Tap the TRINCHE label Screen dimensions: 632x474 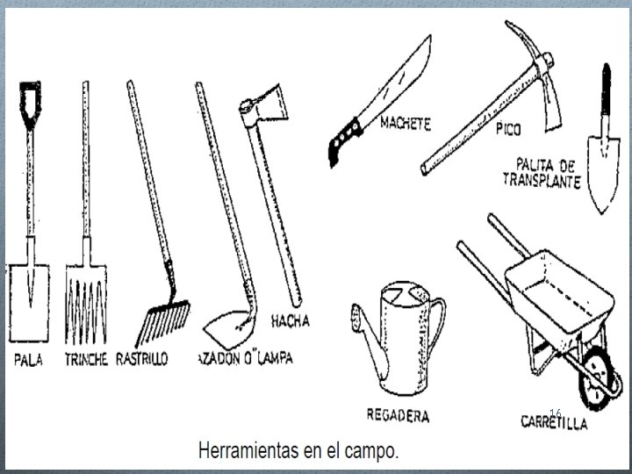pyautogui.click(x=86, y=359)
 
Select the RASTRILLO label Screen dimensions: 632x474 pyautogui.click(x=143, y=359)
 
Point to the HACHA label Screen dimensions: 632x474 pyautogui.click(x=291, y=321)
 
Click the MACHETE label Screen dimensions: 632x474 pyautogui.click(x=405, y=125)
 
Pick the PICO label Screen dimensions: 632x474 pyautogui.click(x=506, y=130)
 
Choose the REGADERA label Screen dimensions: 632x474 pyautogui.click(x=398, y=415)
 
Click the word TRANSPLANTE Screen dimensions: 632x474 pyautogui.click(x=541, y=182)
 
